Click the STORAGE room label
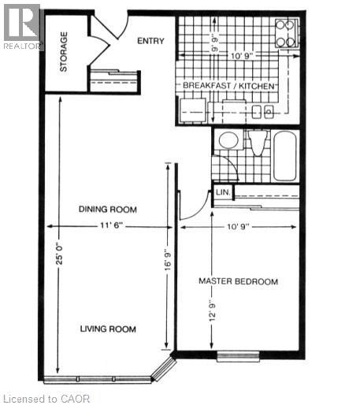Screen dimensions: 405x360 pyautogui.click(x=63, y=51)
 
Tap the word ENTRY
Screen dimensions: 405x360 pyautogui.click(x=150, y=41)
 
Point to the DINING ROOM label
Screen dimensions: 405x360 pyautogui.click(x=108, y=210)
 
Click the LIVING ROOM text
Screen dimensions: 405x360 pyautogui.click(x=108, y=329)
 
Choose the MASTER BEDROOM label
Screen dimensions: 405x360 pyautogui.click(x=238, y=281)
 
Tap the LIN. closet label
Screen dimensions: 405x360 pyautogui.click(x=222, y=191)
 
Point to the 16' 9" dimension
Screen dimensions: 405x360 pyautogui.click(x=166, y=260)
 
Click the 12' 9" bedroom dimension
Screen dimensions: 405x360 pyautogui.click(x=212, y=314)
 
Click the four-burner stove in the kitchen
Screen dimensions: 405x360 pyautogui.click(x=284, y=32)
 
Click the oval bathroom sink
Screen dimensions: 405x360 pyautogui.click(x=228, y=141)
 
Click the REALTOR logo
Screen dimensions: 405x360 pyautogui.click(x=21, y=25)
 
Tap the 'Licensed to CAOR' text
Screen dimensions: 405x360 pyautogui.click(x=47, y=399)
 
